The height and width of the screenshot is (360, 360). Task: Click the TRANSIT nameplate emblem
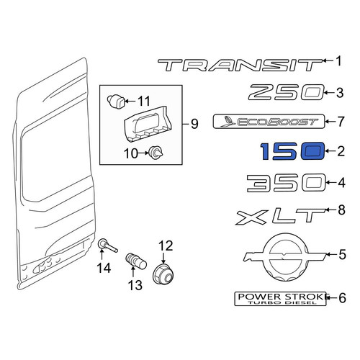tap(240, 65)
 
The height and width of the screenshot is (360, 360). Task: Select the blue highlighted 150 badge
tap(292, 151)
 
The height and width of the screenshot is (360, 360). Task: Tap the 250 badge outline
tap(287, 92)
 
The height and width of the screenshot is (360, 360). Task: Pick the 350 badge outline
tap(287, 183)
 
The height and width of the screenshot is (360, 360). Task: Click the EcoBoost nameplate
tap(269, 122)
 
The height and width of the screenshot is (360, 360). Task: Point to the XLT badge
tap(281, 217)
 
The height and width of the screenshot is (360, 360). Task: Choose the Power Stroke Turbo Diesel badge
tap(280, 299)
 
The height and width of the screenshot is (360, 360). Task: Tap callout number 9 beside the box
tap(194, 124)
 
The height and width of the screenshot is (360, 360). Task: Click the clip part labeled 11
tap(116, 102)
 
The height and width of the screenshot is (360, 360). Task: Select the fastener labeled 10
tap(156, 153)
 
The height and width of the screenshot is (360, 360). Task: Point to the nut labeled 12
tap(163, 274)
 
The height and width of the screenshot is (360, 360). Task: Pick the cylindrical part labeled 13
tap(136, 262)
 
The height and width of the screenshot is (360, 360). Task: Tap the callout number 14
tap(104, 268)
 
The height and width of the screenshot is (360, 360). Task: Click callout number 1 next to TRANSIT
tap(338, 61)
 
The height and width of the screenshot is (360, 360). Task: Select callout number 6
tap(342, 298)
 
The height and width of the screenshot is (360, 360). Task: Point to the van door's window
tap(55, 153)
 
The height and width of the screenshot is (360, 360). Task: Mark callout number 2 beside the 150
tap(341, 151)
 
